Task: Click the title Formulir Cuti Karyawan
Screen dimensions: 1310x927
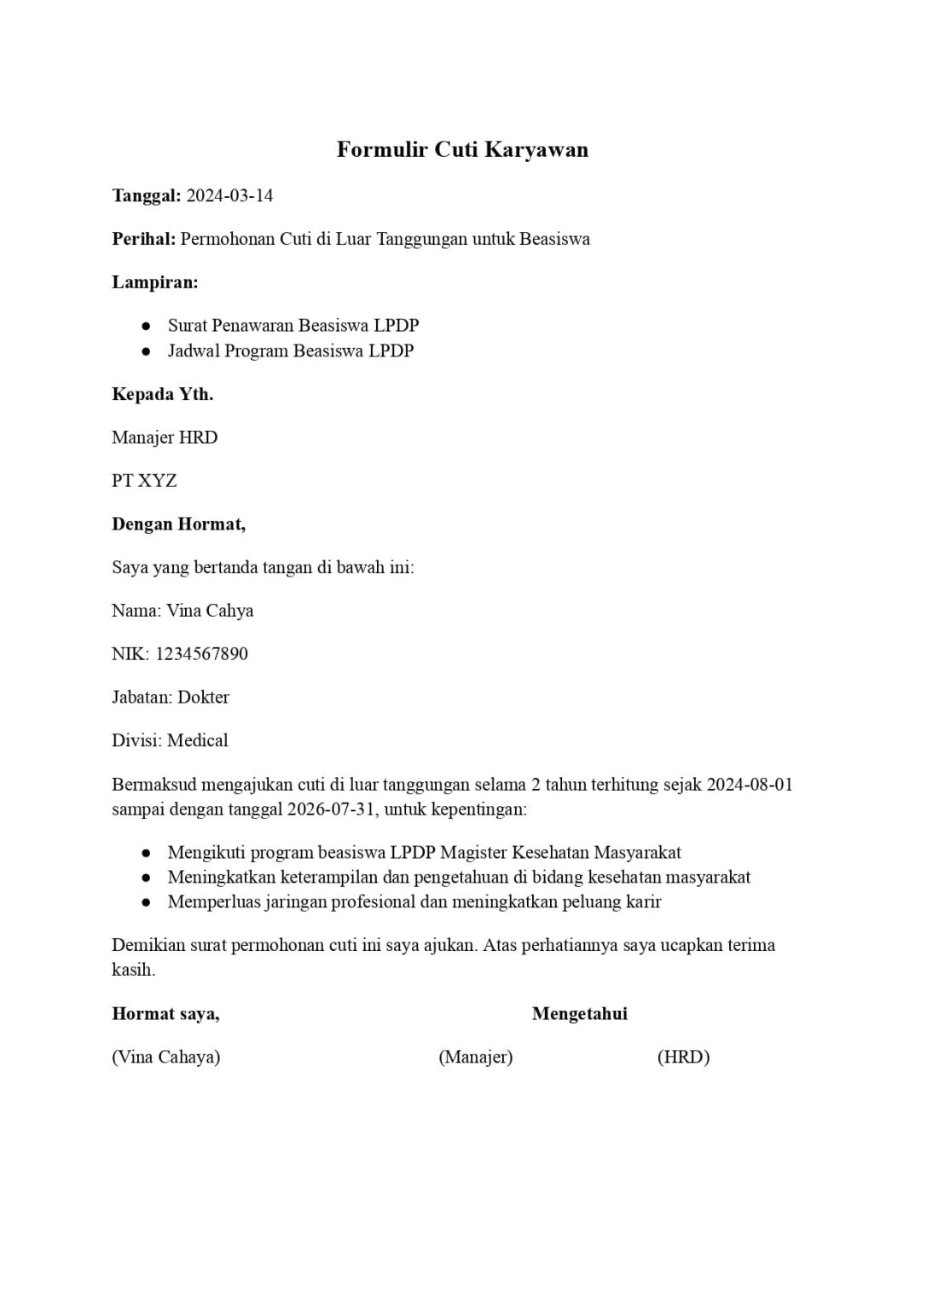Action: pyautogui.click(x=462, y=150)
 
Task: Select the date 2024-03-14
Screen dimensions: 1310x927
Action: pyautogui.click(x=229, y=196)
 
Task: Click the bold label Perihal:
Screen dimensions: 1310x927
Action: pyautogui.click(x=143, y=239)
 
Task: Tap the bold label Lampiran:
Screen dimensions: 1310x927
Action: pyautogui.click(x=154, y=282)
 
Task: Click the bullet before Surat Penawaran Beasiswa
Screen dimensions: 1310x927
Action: pyautogui.click(x=147, y=326)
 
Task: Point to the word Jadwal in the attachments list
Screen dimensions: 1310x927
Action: pyautogui.click(x=194, y=351)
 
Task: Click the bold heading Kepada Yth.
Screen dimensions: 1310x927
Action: pyautogui.click(x=162, y=394)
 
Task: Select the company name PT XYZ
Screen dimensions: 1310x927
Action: pyautogui.click(x=144, y=481)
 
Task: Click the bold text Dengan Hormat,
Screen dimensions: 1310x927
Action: pyautogui.click(x=178, y=525)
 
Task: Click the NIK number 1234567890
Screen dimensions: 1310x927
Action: pyautogui.click(x=201, y=654)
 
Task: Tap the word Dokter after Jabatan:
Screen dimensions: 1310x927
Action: pyautogui.click(x=203, y=698)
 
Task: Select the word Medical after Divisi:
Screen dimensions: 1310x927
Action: pyautogui.click(x=198, y=740)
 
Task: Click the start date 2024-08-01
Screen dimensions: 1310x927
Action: pyautogui.click(x=750, y=785)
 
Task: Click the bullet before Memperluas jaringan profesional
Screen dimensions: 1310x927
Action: pyautogui.click(x=147, y=901)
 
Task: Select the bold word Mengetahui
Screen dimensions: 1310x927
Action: pyautogui.click(x=579, y=1014)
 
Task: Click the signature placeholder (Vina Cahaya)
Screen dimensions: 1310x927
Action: pyautogui.click(x=165, y=1058)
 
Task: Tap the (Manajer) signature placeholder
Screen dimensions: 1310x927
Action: pyautogui.click(x=475, y=1058)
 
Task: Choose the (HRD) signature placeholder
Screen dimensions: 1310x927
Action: pyautogui.click(x=683, y=1058)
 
